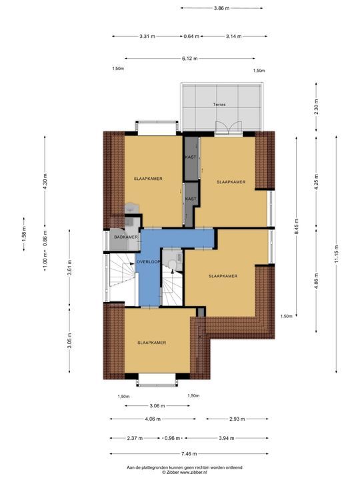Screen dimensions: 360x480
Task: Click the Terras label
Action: coord(219,105)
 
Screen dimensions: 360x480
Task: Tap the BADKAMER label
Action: coord(126,237)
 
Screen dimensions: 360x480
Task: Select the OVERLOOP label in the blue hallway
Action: coord(149,262)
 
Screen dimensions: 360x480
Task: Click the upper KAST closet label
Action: coord(191,157)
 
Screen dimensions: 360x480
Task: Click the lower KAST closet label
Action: coord(191,199)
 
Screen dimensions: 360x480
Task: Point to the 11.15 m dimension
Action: coord(336,254)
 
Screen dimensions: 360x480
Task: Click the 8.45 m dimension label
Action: coord(296,227)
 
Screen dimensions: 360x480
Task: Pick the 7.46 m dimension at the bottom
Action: coord(189,454)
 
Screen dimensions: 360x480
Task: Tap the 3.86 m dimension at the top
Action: coord(221,8)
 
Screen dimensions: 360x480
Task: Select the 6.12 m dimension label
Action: coord(190,59)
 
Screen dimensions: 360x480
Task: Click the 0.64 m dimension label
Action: coord(191,37)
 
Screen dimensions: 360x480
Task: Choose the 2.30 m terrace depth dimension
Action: coord(316,107)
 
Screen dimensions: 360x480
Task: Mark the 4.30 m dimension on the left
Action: coord(45,181)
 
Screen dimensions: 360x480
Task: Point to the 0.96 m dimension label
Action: coord(173,438)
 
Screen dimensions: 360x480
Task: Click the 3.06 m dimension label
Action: coord(157,406)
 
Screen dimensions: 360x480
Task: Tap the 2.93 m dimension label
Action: coord(237,419)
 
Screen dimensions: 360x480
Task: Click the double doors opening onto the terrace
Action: coord(229,127)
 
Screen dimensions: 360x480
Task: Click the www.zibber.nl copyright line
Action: coord(185,473)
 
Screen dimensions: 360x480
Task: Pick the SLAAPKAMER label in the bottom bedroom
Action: coord(152,343)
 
